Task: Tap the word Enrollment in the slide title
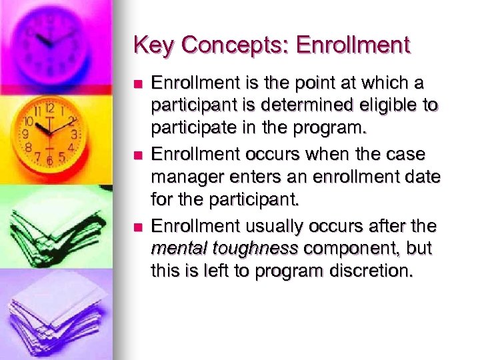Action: click(353, 45)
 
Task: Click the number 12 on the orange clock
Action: click(49, 108)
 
